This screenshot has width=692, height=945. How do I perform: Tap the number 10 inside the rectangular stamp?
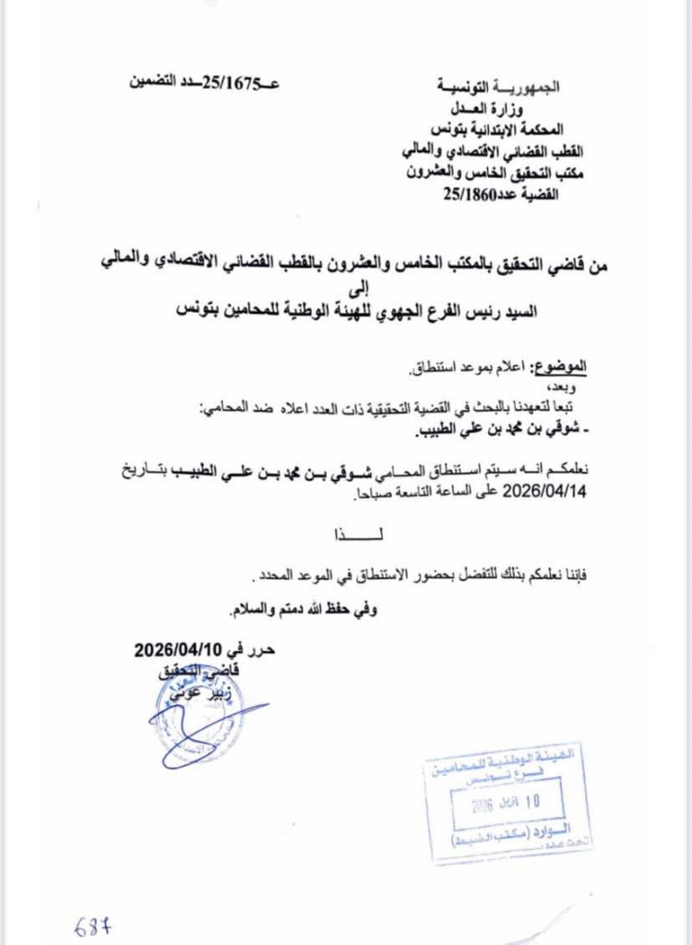coord(531,801)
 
